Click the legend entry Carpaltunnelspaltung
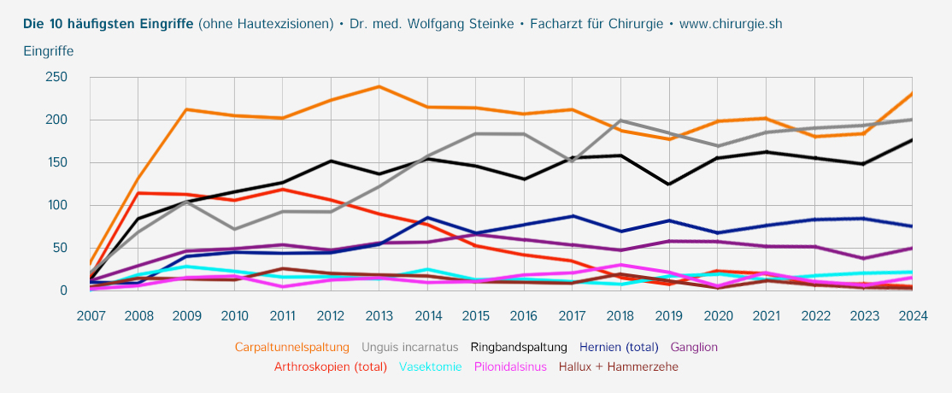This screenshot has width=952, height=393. tap(292, 348)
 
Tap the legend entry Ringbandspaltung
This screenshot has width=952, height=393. tap(519, 348)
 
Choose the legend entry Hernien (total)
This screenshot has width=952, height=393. tap(620, 348)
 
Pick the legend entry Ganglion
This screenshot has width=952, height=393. tap(694, 348)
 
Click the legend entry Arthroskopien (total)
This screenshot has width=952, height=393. tap(331, 367)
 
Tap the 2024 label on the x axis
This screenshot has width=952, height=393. tap(913, 315)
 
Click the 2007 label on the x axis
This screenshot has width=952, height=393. tap(91, 315)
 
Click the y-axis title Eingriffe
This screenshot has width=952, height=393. tap(49, 51)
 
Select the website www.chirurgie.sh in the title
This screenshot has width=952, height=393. tap(730, 24)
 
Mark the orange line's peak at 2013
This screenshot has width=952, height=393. tap(379, 86)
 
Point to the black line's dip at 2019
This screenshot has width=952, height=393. tap(668, 185)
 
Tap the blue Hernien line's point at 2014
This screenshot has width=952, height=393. tap(427, 218)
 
